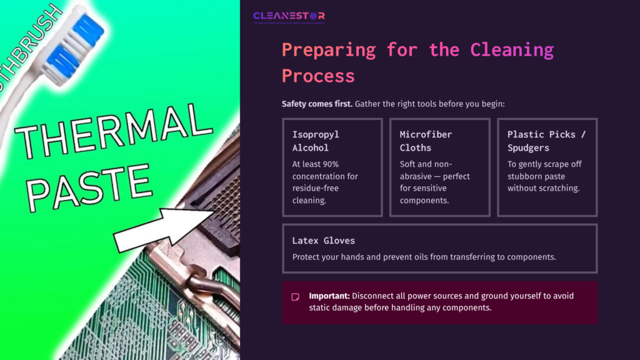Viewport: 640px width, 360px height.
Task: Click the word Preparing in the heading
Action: click(327, 49)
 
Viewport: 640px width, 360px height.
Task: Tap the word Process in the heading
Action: click(317, 76)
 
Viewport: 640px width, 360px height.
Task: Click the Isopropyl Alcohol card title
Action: click(317, 141)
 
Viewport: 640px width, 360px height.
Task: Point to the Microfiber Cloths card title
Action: click(426, 141)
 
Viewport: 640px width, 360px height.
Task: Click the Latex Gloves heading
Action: click(323, 241)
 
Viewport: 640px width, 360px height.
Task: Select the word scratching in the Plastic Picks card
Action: click(559, 188)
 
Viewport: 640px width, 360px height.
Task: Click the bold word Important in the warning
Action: click(329, 296)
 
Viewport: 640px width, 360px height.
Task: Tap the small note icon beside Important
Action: click(296, 297)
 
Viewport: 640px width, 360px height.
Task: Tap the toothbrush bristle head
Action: click(72, 44)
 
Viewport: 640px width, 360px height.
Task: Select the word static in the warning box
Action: click(321, 307)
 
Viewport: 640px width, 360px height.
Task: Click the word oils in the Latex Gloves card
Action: click(431, 257)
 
